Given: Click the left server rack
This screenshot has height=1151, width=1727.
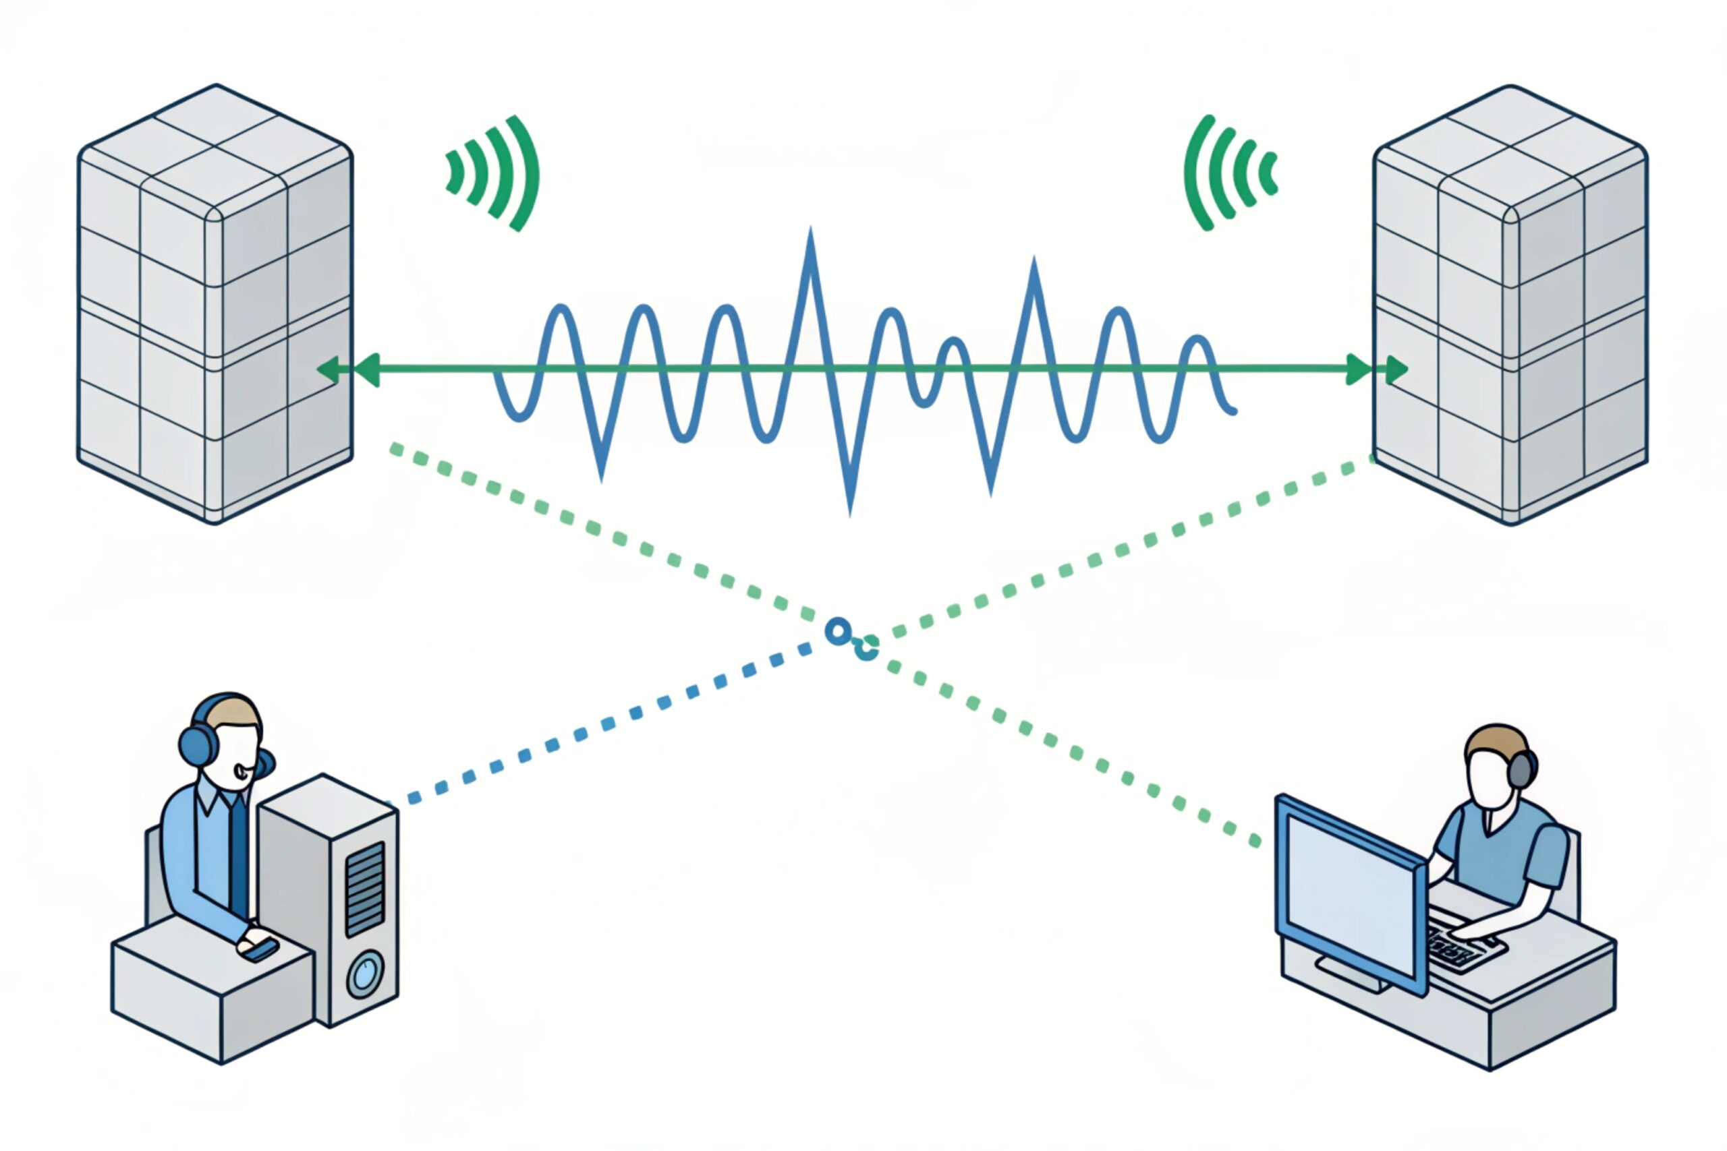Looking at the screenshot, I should [215, 305].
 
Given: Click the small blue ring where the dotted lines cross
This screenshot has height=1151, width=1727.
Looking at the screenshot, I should [837, 631].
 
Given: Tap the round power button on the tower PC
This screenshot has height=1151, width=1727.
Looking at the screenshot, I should [364, 974].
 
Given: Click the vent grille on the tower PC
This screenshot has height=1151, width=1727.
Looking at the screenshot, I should [365, 888].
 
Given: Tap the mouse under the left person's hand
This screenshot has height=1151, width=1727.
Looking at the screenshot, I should [260, 949].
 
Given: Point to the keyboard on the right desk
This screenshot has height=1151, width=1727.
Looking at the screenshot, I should [1458, 947].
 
